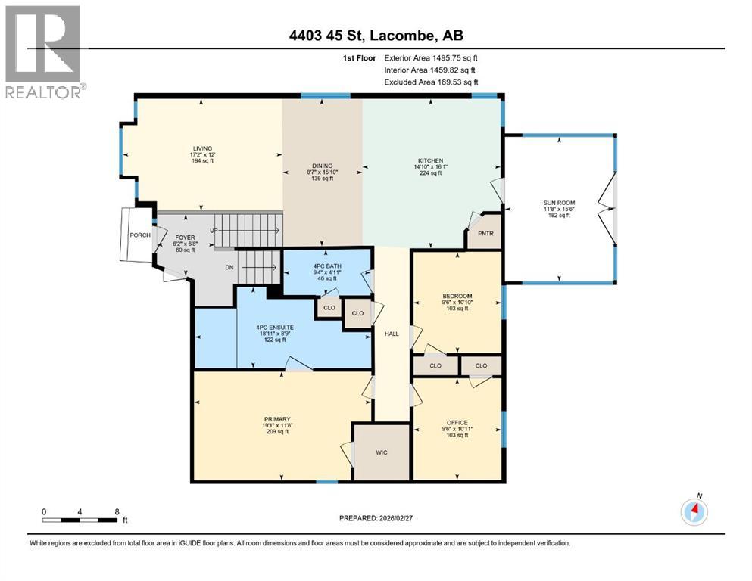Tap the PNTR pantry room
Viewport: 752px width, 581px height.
pyautogui.click(x=485, y=234)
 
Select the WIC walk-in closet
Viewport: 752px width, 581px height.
pyautogui.click(x=382, y=452)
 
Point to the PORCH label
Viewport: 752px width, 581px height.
pyautogui.click(x=139, y=235)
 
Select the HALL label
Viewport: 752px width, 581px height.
pyautogui.click(x=391, y=333)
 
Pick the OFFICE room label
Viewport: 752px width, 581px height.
pyautogui.click(x=457, y=422)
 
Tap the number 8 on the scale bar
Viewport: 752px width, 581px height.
pyautogui.click(x=116, y=511)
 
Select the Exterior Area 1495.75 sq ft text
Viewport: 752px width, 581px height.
pyautogui.click(x=431, y=57)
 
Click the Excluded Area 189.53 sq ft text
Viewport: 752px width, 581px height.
pyautogui.click(x=431, y=82)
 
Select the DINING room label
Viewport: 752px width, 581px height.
pyautogui.click(x=323, y=166)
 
